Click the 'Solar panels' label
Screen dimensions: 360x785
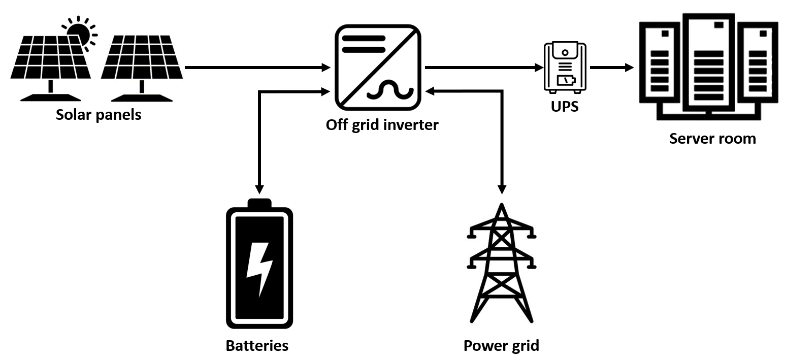pyautogui.click(x=99, y=115)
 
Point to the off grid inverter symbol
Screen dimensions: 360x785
pyautogui.click(x=377, y=68)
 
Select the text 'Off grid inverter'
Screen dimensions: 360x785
pyautogui.click(x=382, y=125)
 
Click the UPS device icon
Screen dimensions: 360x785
pyautogui.click(x=565, y=68)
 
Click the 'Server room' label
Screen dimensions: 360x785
pyautogui.click(x=712, y=138)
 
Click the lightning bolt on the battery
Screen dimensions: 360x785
pyautogui.click(x=259, y=269)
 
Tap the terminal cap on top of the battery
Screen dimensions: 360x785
pyautogui.click(x=259, y=203)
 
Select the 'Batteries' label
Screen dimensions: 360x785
pyautogui.click(x=257, y=346)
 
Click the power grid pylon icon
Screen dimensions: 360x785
pyautogui.click(x=502, y=264)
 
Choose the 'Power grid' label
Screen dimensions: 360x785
pyautogui.click(x=501, y=346)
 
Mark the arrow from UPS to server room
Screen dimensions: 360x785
pyautogui.click(x=612, y=68)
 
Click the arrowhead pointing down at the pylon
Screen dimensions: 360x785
pyautogui.click(x=502, y=189)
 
